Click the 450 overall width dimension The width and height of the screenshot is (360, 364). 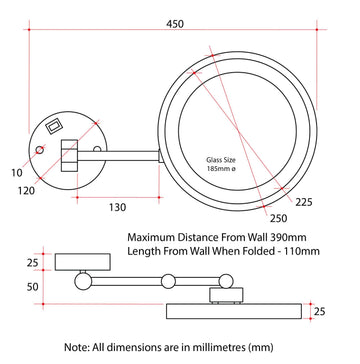175,24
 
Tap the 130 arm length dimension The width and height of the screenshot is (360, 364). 118,207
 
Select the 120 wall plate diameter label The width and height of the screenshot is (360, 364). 26,191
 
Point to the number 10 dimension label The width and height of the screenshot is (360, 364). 16,173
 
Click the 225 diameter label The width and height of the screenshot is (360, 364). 304,202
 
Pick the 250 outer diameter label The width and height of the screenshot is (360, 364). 278,218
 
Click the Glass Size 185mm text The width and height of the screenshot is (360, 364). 221,164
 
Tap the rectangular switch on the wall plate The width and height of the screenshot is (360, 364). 53,126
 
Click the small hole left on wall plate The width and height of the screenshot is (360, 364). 40,150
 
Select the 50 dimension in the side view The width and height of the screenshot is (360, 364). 33,287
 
